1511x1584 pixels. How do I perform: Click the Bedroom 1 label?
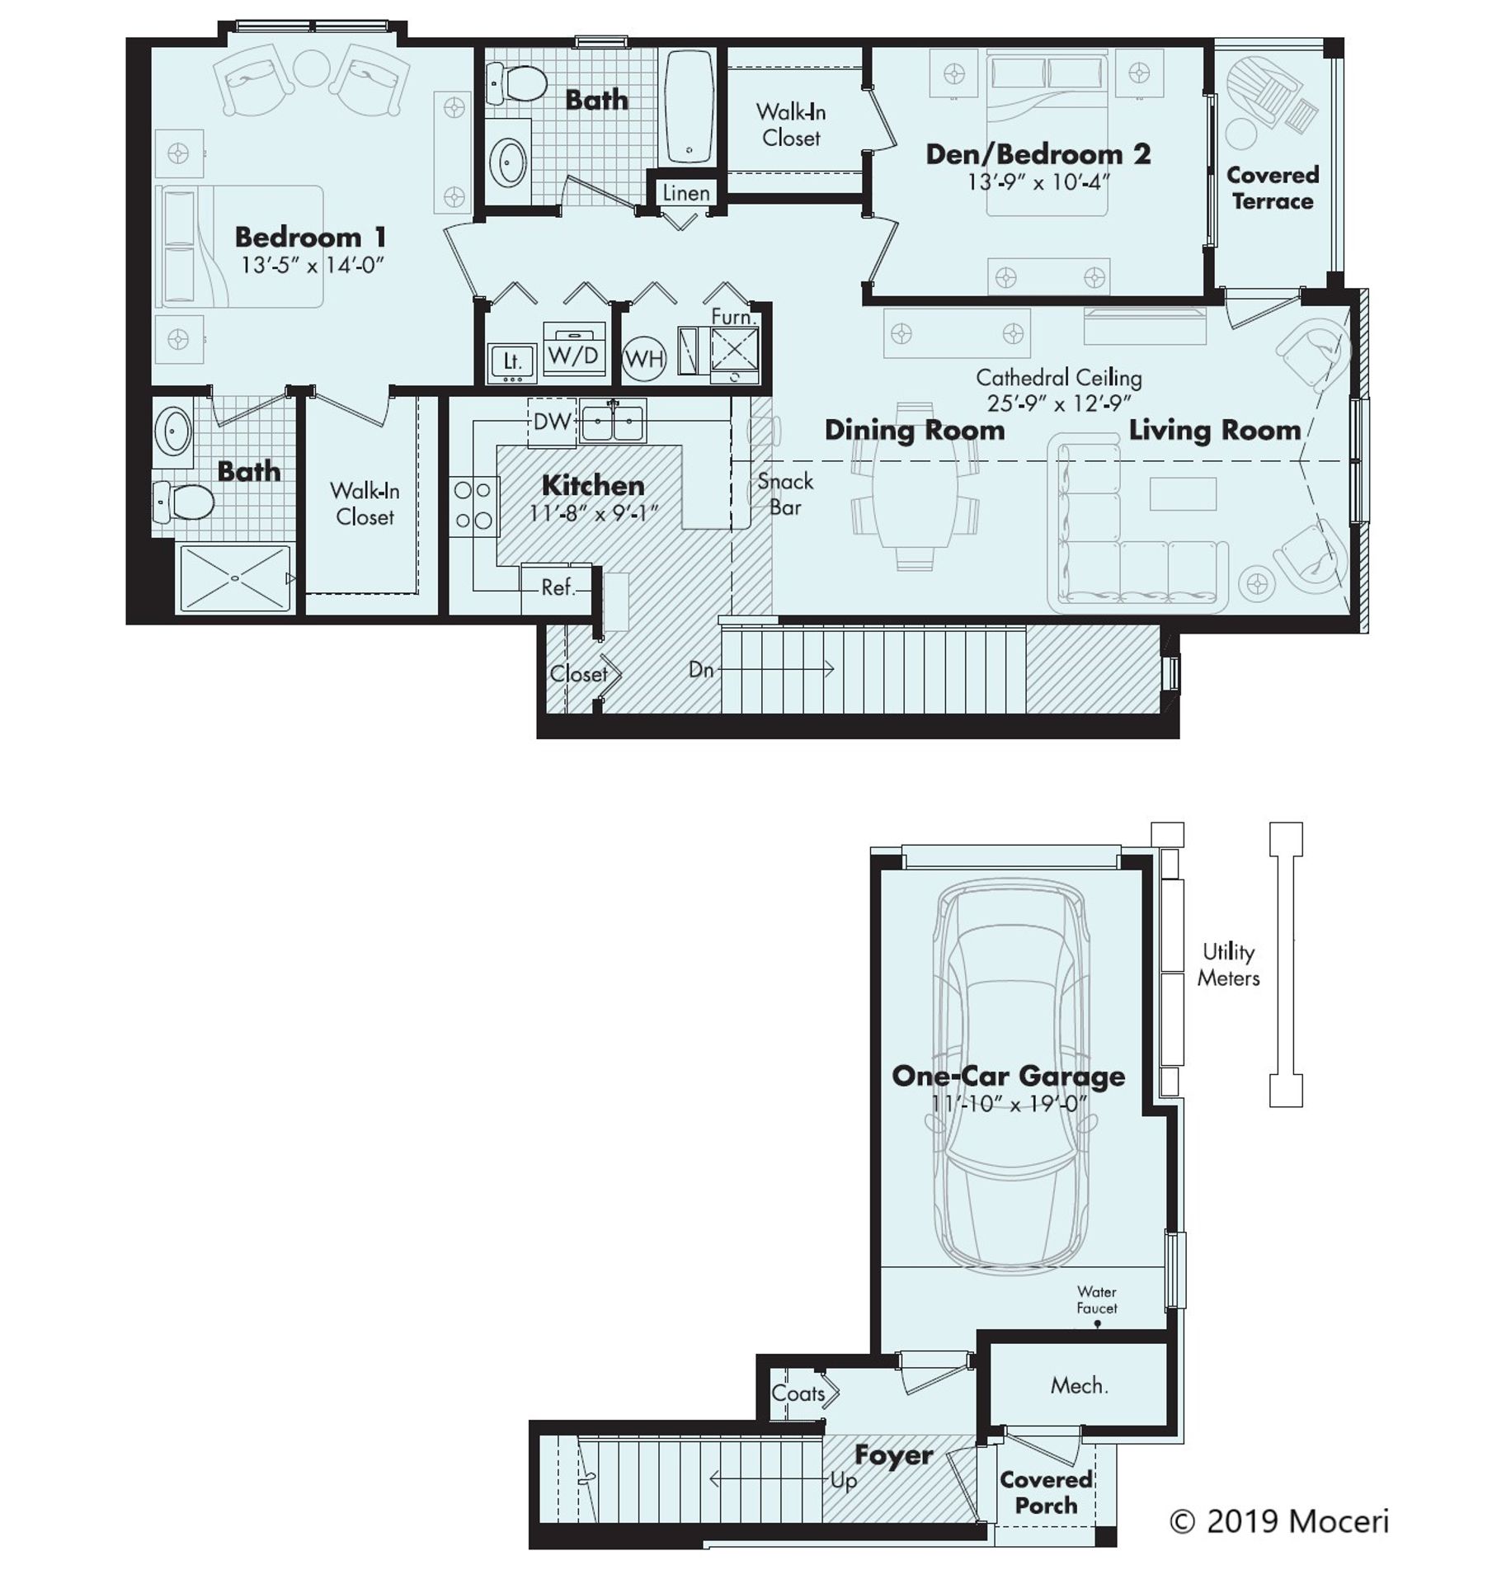click(x=309, y=238)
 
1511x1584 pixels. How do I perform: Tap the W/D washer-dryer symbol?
click(x=572, y=355)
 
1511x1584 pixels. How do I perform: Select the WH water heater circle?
click(x=643, y=358)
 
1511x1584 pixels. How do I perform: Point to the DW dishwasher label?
click(x=551, y=422)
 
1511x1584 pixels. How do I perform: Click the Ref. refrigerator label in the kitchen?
click(x=557, y=587)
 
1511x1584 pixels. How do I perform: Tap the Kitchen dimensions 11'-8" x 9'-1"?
click(x=592, y=513)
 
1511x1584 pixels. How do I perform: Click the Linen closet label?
click(x=685, y=193)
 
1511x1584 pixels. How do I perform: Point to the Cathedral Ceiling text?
click(x=1057, y=378)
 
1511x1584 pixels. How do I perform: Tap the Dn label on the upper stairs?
click(x=700, y=669)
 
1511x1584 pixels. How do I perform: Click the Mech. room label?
click(x=1077, y=1385)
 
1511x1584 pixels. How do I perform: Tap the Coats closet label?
click(x=798, y=1393)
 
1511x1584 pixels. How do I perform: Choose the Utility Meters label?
click(x=1227, y=964)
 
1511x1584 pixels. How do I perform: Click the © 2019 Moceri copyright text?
click(x=1278, y=1520)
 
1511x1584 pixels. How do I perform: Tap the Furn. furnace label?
click(x=731, y=317)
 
